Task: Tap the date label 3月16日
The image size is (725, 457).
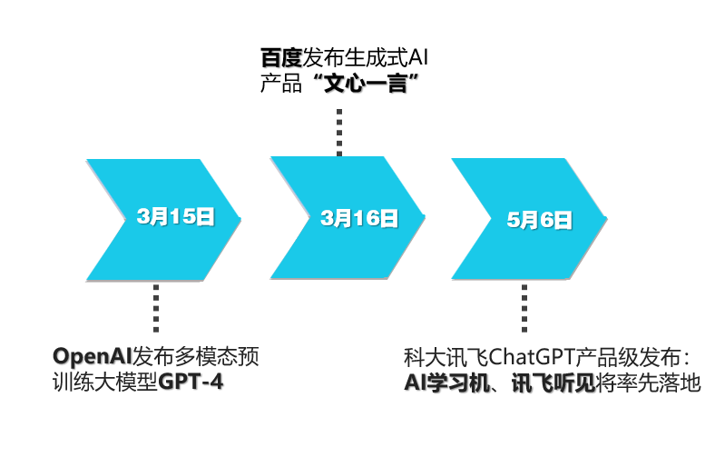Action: coord(359,217)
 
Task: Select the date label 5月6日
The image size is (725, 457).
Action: coord(540,219)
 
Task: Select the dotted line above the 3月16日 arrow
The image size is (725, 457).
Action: coord(339,132)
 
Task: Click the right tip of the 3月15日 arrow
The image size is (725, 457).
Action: coord(240,218)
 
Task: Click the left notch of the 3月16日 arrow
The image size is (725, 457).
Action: coord(309,218)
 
